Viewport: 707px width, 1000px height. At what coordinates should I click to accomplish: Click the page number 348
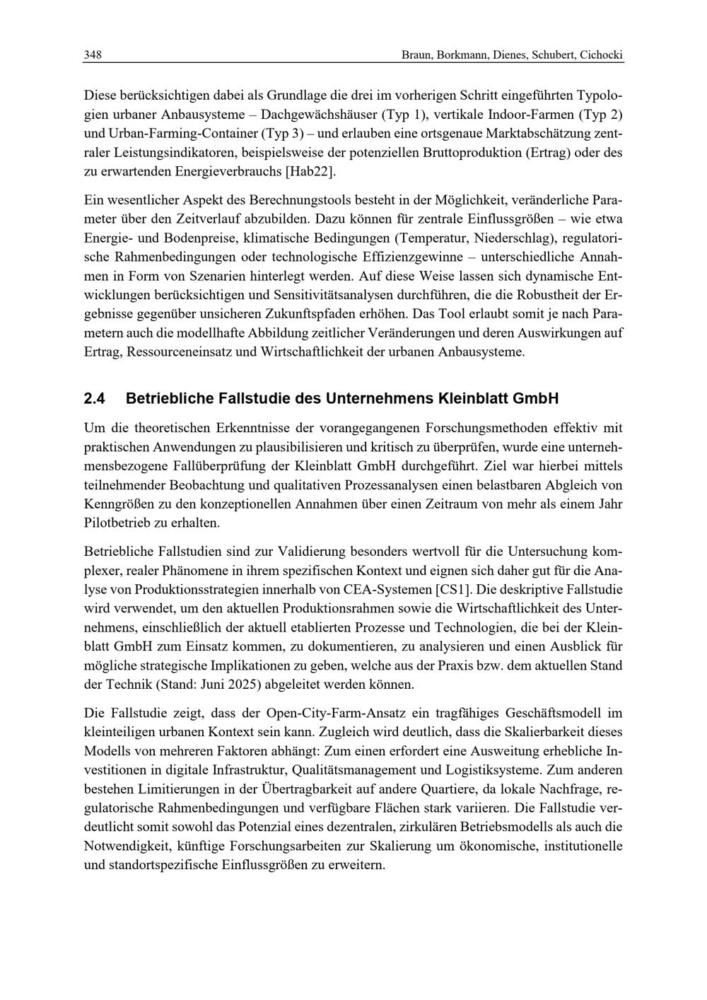[93, 55]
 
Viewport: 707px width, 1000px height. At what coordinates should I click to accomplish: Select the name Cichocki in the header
[602, 55]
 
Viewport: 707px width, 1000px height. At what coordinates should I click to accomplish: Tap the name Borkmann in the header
[462, 55]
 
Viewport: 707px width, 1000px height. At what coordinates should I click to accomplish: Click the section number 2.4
[94, 399]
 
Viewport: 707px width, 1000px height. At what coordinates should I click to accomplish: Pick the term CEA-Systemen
[395, 588]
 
